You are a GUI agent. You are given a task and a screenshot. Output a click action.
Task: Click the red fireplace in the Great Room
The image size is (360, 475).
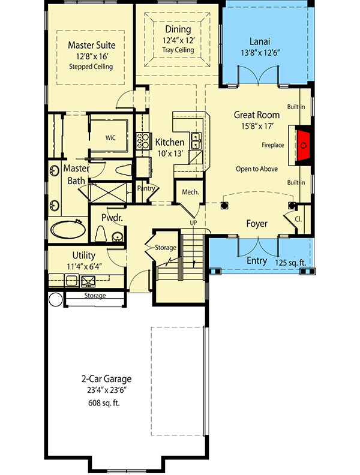point(305,145)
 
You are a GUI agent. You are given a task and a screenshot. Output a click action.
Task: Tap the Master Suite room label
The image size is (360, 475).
point(91,45)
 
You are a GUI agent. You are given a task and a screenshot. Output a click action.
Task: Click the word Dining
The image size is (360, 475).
point(178,29)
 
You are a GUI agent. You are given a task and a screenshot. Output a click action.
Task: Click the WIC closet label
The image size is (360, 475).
point(110,137)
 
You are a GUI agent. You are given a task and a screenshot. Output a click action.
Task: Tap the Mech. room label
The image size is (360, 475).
point(191,192)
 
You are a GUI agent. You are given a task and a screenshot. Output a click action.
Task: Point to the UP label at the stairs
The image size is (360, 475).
point(193,223)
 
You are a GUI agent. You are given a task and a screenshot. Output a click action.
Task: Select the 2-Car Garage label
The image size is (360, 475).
point(106,379)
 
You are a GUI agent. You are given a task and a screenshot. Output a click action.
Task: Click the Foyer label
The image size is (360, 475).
point(257,224)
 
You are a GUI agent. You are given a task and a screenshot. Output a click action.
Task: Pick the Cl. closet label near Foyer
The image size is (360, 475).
point(298,219)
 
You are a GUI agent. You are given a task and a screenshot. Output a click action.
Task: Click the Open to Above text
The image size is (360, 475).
point(257,169)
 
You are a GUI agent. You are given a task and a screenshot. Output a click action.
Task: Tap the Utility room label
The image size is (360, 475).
point(84,255)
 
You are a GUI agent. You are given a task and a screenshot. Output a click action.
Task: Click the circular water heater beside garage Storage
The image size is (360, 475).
point(55,300)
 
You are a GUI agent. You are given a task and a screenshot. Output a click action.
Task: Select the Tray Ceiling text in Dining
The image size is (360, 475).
point(178,50)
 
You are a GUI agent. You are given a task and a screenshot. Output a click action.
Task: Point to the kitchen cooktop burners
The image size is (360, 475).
point(144,142)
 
